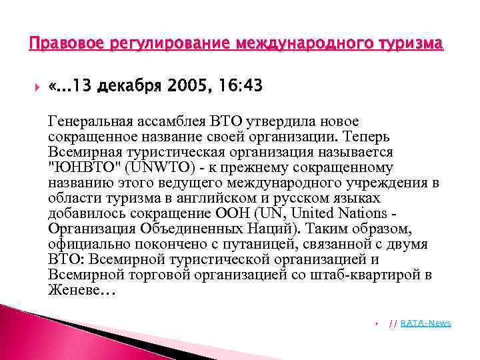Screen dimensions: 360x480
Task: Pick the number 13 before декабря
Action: coord(83,87)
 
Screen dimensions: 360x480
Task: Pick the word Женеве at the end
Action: coord(72,290)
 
